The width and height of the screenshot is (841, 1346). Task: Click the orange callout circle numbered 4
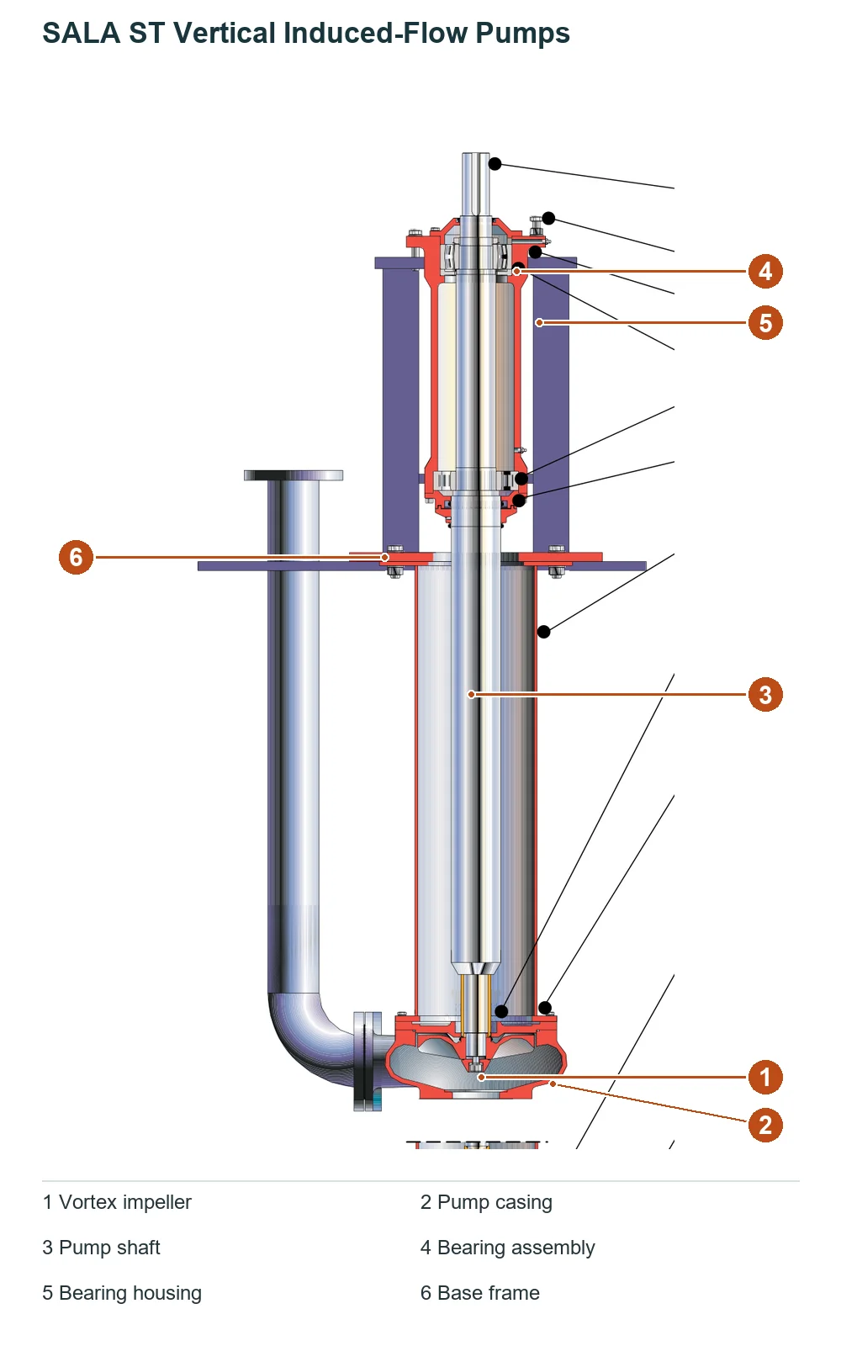764,271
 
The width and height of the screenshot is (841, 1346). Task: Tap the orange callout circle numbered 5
764,323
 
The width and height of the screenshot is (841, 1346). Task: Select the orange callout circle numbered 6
76,557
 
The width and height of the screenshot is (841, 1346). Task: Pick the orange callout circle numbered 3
764,695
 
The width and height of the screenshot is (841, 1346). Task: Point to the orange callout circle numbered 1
764,1077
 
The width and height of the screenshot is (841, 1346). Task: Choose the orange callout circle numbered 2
764,1125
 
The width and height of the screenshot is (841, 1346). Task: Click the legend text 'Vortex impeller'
125,1202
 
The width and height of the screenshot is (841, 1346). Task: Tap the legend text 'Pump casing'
495,1202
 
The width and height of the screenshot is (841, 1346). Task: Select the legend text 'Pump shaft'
109,1248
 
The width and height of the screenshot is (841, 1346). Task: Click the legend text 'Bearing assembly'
516,1248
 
